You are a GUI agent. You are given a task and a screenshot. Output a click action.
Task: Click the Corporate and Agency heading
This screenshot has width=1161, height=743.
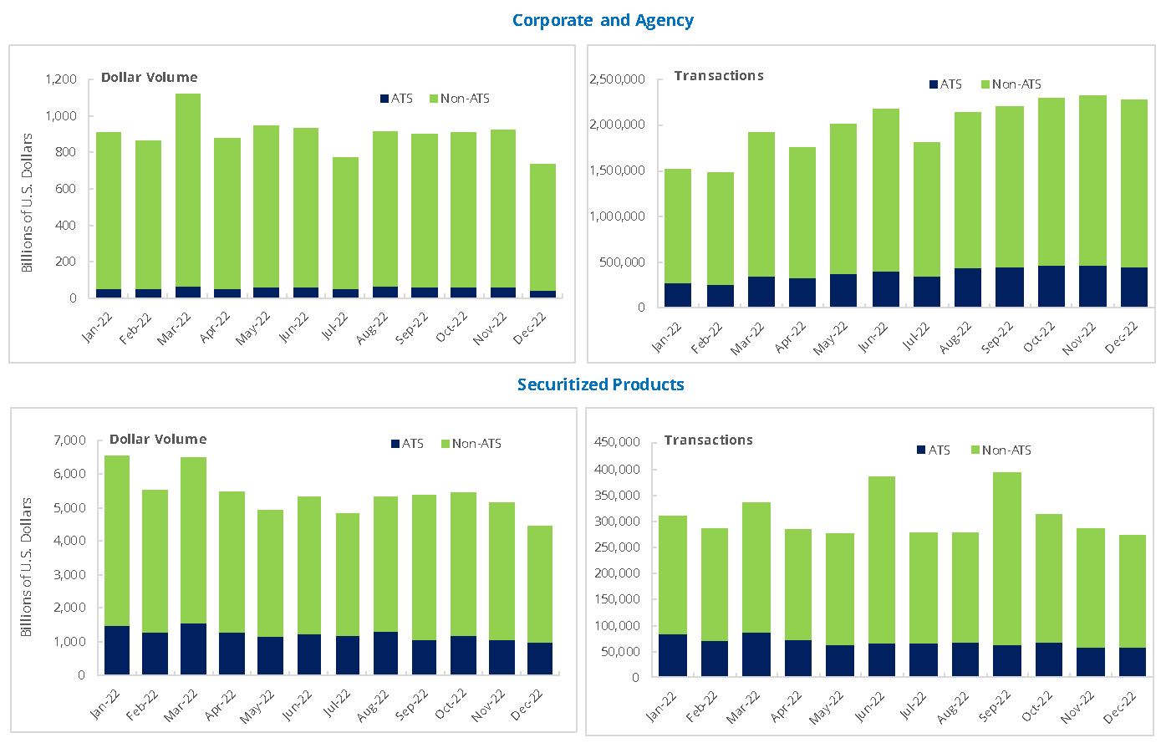pyautogui.click(x=603, y=20)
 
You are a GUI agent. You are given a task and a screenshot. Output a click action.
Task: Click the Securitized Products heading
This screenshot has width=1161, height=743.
pyautogui.click(x=600, y=384)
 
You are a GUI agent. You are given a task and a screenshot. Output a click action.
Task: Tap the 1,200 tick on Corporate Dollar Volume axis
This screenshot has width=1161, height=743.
pyautogui.click(x=61, y=79)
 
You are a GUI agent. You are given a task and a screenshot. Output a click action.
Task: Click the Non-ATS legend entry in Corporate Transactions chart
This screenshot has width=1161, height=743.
pyautogui.click(x=1011, y=84)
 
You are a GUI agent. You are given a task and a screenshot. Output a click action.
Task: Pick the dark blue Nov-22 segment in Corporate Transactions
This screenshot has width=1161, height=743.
pyautogui.click(x=1092, y=286)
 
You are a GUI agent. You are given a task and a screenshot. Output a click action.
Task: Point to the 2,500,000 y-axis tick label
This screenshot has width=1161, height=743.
pyautogui.click(x=617, y=79)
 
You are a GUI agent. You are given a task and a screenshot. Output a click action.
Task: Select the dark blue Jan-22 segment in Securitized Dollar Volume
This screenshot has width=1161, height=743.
pyautogui.click(x=117, y=649)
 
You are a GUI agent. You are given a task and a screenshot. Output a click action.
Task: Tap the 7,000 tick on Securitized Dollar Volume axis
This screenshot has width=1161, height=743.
pyautogui.click(x=69, y=440)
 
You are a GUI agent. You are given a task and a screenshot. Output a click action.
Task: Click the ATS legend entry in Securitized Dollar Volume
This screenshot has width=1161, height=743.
pyautogui.click(x=407, y=444)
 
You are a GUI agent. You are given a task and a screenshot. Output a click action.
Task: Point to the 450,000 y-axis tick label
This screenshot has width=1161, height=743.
pyautogui.click(x=616, y=442)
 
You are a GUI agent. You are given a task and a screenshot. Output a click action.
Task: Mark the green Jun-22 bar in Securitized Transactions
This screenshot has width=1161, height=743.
pyautogui.click(x=882, y=560)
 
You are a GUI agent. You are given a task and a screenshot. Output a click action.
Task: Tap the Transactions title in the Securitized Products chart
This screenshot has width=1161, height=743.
pyautogui.click(x=708, y=440)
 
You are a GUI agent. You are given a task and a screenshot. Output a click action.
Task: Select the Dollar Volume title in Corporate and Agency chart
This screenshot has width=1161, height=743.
pyautogui.click(x=150, y=77)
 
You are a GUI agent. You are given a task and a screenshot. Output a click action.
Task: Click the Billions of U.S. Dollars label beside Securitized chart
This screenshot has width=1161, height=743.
pyautogui.click(x=27, y=567)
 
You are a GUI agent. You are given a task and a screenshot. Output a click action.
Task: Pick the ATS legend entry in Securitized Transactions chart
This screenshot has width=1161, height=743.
pyautogui.click(x=934, y=450)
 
